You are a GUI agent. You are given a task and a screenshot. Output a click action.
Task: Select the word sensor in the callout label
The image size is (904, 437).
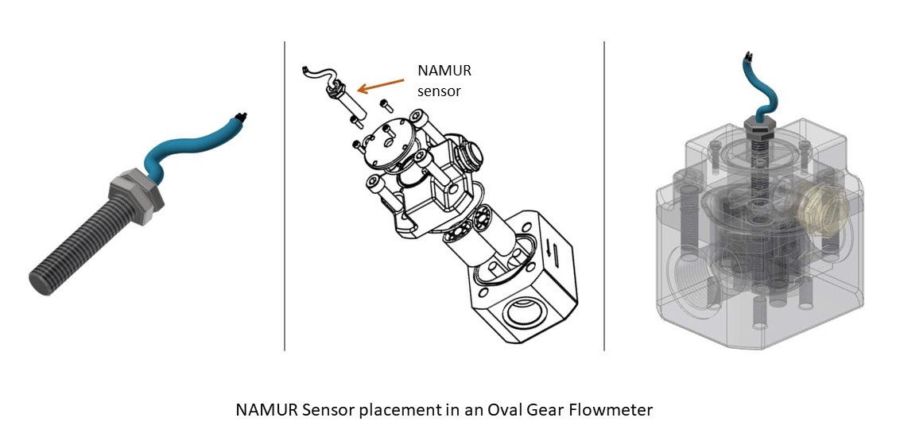click(439, 91)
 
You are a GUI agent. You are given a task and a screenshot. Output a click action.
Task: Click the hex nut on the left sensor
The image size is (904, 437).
click(134, 194)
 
